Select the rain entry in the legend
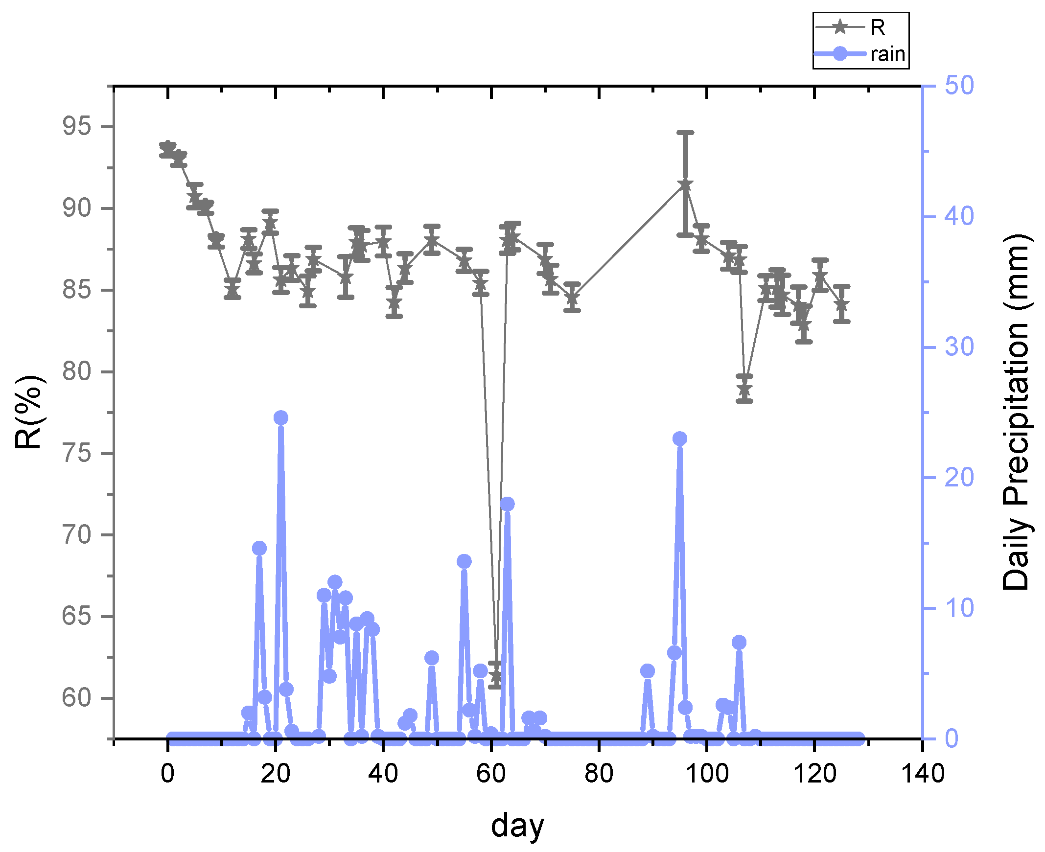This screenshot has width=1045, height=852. point(887,54)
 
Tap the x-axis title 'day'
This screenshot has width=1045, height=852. point(517,826)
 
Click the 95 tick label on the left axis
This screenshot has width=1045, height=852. point(76,127)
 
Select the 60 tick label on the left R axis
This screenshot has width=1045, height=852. point(76,697)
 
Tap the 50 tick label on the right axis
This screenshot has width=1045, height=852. point(959,86)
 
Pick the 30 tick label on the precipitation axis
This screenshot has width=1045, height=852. point(959,347)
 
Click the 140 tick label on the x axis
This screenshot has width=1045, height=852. point(922,775)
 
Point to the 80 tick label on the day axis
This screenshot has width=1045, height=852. point(599,775)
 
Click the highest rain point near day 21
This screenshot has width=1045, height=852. point(281,417)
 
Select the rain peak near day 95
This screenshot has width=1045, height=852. point(679,439)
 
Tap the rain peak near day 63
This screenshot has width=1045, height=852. point(507,504)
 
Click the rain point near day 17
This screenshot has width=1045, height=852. point(259,549)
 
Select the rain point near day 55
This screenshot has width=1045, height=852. point(464,561)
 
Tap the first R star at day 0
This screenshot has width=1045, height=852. point(168,147)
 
